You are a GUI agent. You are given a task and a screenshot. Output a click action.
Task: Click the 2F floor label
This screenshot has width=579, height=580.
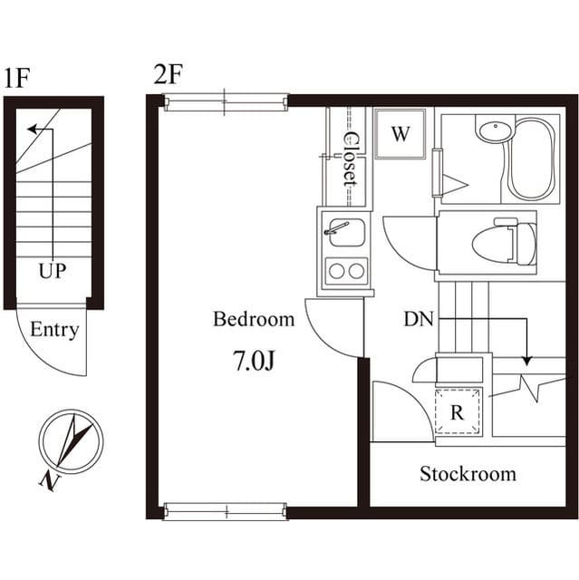169,74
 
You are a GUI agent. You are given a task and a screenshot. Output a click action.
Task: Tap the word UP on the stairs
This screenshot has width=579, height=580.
52,271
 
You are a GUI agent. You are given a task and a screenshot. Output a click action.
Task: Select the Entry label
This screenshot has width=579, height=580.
54,330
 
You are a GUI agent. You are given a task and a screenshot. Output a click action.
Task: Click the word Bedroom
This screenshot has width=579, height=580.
254,319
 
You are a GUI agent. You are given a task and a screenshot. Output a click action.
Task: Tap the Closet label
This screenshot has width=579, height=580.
348,159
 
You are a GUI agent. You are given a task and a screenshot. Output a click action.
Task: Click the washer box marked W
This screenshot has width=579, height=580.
400,134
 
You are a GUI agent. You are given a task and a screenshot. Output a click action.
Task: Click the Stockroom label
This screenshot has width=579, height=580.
468,474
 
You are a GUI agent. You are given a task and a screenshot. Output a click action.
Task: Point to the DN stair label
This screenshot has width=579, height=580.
419,319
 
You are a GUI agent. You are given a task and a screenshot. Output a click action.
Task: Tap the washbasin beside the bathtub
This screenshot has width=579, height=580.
494,131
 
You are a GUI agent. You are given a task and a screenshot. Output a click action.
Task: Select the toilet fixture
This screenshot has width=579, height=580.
503,243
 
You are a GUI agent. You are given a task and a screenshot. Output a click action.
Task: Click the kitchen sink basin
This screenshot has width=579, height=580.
346,233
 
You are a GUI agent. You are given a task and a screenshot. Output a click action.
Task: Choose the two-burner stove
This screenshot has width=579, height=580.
346,270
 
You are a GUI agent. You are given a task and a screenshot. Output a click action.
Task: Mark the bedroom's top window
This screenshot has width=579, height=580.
225,102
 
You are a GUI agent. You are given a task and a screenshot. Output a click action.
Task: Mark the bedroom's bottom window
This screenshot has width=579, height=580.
225,511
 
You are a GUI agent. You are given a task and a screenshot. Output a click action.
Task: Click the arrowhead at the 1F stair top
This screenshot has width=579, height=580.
33,130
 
